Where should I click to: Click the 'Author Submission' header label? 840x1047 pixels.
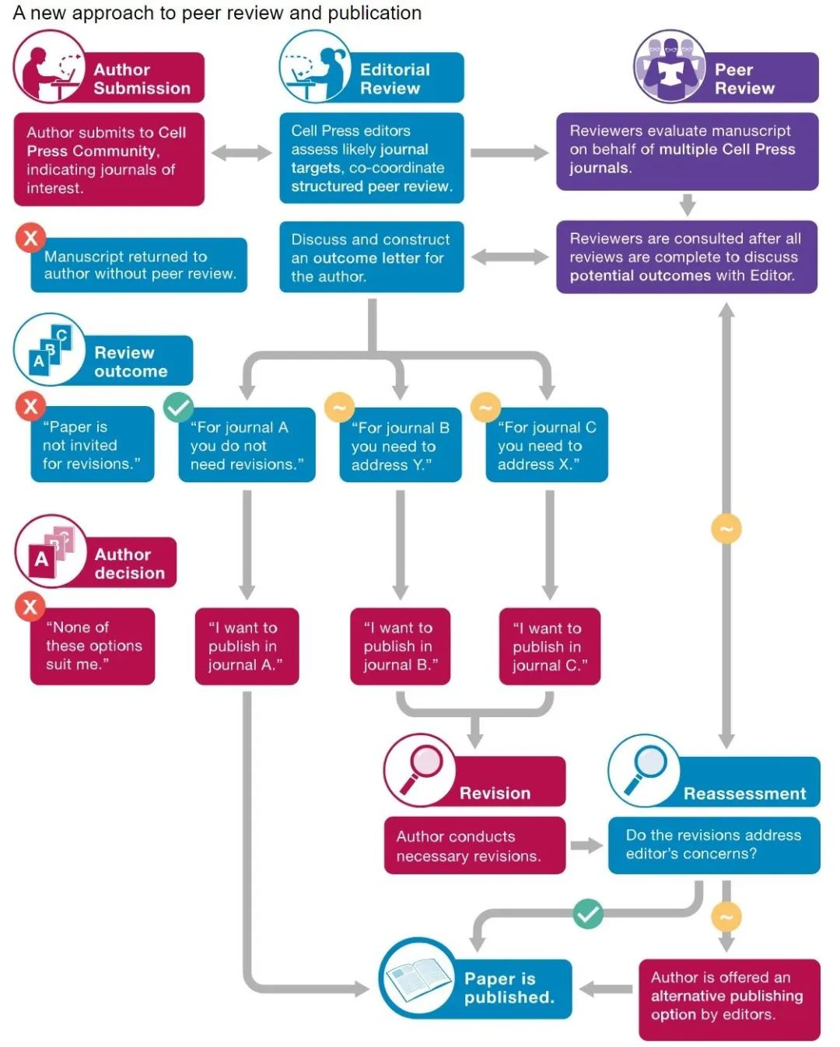[142, 79]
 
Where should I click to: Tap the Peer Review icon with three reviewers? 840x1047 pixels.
[670, 68]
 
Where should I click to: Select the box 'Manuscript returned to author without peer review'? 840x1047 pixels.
[139, 265]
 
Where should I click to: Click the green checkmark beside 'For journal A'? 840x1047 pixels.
[178, 407]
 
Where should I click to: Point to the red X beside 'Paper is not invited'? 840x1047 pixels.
[31, 405]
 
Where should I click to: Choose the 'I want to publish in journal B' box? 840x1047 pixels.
[400, 646]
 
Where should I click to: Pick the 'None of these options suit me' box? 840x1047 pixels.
[93, 646]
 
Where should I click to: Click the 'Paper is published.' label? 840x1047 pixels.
[509, 988]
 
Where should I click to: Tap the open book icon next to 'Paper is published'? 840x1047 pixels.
[418, 978]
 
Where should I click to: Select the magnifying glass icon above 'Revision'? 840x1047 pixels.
[420, 769]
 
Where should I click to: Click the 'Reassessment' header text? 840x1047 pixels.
[744, 793]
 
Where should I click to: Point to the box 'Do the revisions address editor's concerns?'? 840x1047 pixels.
[713, 845]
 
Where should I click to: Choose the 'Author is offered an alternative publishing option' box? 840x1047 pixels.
[729, 996]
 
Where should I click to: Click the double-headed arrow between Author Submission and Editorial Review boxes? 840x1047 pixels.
[242, 152]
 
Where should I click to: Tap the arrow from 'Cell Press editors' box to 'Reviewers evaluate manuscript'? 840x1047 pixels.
[509, 152]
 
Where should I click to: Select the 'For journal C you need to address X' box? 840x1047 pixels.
[547, 446]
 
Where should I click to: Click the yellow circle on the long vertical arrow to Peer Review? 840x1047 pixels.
[726, 529]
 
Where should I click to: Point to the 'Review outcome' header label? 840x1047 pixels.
[131, 362]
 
